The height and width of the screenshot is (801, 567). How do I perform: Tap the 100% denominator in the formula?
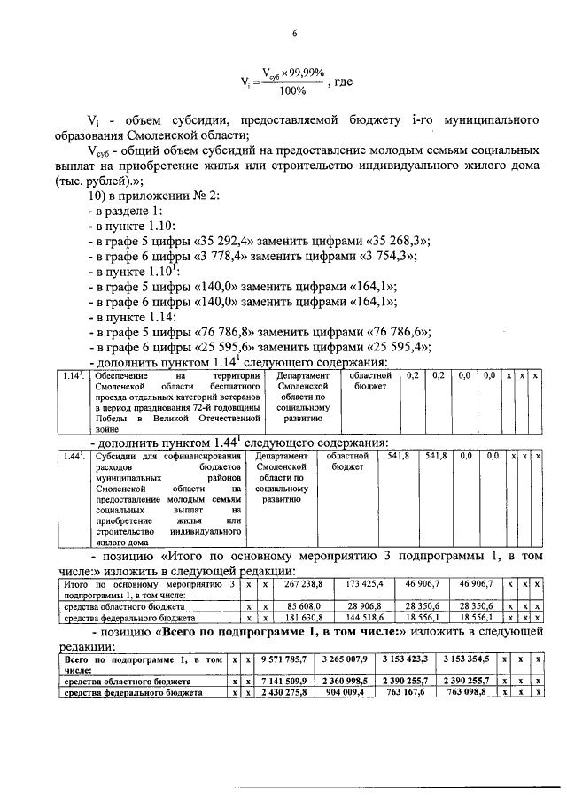click(x=291, y=89)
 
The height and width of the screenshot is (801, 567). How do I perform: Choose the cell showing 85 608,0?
click(x=303, y=605)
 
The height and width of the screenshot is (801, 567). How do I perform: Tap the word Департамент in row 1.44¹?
click(x=280, y=456)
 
